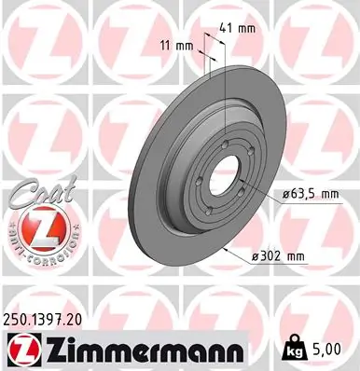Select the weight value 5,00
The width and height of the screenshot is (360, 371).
(x=327, y=350)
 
